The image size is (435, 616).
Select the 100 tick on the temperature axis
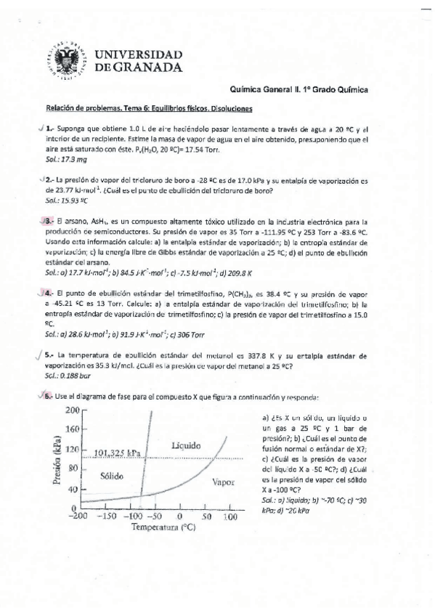point(230,516)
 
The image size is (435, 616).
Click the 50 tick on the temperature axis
point(206,516)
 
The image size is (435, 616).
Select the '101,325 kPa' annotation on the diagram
point(118,454)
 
